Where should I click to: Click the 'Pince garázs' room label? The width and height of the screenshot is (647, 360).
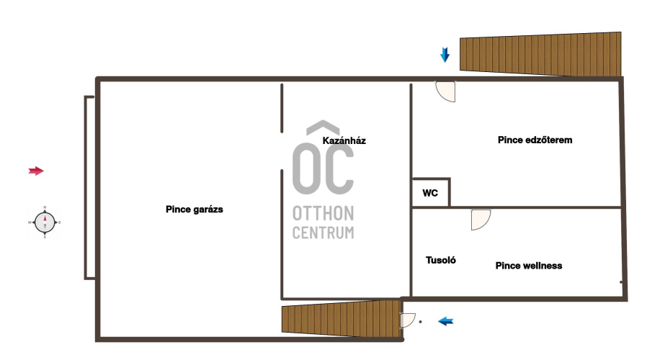pos(195,210)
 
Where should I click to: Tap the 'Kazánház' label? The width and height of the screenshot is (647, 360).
pos(344,140)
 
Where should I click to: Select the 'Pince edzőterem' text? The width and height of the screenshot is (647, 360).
pos(535,140)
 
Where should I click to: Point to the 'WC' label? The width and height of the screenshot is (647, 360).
pos(430,193)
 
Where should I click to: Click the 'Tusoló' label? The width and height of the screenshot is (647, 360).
pos(441,260)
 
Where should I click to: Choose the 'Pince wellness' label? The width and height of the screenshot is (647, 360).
pos(529,266)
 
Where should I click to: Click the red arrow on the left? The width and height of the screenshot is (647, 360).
pos(36,171)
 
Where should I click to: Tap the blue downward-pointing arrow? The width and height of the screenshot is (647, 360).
pos(445,55)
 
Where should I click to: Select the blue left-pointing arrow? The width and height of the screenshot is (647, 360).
pos(446,321)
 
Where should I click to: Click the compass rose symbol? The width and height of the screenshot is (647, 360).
pos(45,222)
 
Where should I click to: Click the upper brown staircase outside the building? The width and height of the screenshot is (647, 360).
pos(540,54)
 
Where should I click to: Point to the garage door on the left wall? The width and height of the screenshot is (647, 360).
pos(89,188)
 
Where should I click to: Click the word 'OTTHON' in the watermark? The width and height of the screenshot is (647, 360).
pos(323,214)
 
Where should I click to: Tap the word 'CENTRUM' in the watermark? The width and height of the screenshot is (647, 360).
pos(323,233)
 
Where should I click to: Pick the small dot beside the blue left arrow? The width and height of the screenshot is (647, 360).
pos(421,322)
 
